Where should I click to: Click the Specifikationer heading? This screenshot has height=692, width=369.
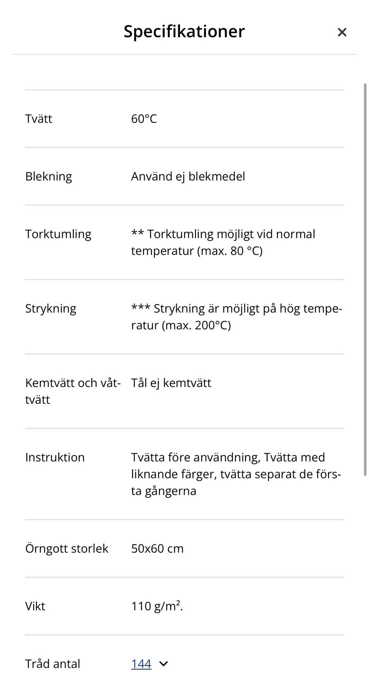tap(184, 32)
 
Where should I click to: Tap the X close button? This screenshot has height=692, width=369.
tap(342, 32)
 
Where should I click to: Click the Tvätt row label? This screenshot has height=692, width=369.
tap(38, 119)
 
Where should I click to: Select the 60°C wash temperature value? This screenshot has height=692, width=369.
tap(144, 119)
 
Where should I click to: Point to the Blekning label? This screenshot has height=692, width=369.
tap(48, 177)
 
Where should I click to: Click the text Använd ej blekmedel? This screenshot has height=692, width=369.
tap(188, 177)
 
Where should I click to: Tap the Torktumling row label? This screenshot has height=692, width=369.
tap(58, 234)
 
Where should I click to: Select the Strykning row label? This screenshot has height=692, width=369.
tap(51, 308)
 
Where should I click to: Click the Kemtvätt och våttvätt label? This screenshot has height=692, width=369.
tap(73, 391)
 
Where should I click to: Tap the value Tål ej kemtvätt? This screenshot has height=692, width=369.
tap(171, 383)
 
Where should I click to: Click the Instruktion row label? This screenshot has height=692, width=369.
tap(55, 457)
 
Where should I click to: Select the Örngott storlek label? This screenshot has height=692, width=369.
tap(66, 549)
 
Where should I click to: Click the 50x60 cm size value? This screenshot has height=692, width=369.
tap(157, 549)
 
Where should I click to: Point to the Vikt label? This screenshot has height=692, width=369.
tap(35, 606)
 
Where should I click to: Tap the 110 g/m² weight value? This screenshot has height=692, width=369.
tap(157, 606)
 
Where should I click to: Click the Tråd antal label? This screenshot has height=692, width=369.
tap(53, 664)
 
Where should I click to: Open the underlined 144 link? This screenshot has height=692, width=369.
tap(141, 664)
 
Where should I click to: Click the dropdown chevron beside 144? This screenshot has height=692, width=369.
tap(163, 664)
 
